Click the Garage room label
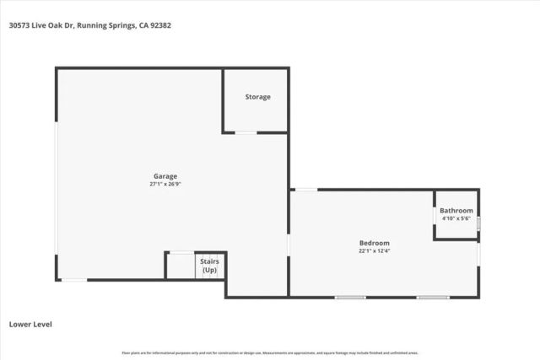[165, 175]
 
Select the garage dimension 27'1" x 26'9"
[165, 184]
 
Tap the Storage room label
[257, 97]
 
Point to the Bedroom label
[375, 242]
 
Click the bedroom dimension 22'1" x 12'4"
[375, 250]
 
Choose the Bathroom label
[456, 211]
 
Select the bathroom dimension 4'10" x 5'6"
[456, 218]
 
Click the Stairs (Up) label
[210, 266]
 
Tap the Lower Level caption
[31, 324]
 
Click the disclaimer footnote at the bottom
[270, 352]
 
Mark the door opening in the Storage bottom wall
[246, 132]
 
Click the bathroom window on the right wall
[478, 223]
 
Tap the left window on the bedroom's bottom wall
[350, 297]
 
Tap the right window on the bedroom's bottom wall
[432, 297]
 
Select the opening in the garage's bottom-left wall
[73, 280]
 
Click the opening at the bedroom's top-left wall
[305, 190]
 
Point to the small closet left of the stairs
[180, 266]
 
